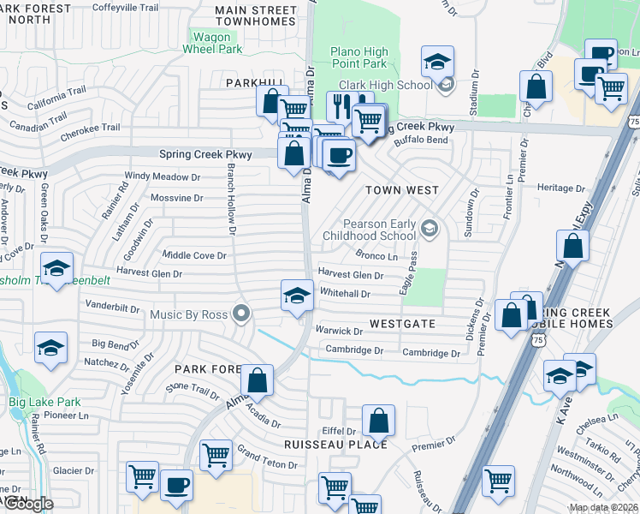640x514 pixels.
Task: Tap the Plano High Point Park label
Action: [359, 58]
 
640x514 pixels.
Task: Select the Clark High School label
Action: [386, 85]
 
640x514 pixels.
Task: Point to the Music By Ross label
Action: [188, 314]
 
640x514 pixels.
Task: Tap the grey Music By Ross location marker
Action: [241, 314]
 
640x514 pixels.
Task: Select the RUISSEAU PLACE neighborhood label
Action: [336, 445]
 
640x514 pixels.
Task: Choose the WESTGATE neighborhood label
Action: [403, 325]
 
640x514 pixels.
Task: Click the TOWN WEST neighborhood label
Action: [402, 190]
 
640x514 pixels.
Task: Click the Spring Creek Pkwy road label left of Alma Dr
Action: [205, 155]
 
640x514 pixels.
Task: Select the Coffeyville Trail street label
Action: [125, 7]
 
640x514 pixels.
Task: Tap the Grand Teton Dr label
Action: [267, 457]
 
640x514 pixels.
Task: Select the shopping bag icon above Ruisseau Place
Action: [378, 421]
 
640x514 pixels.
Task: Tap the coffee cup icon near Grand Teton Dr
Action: [177, 485]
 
